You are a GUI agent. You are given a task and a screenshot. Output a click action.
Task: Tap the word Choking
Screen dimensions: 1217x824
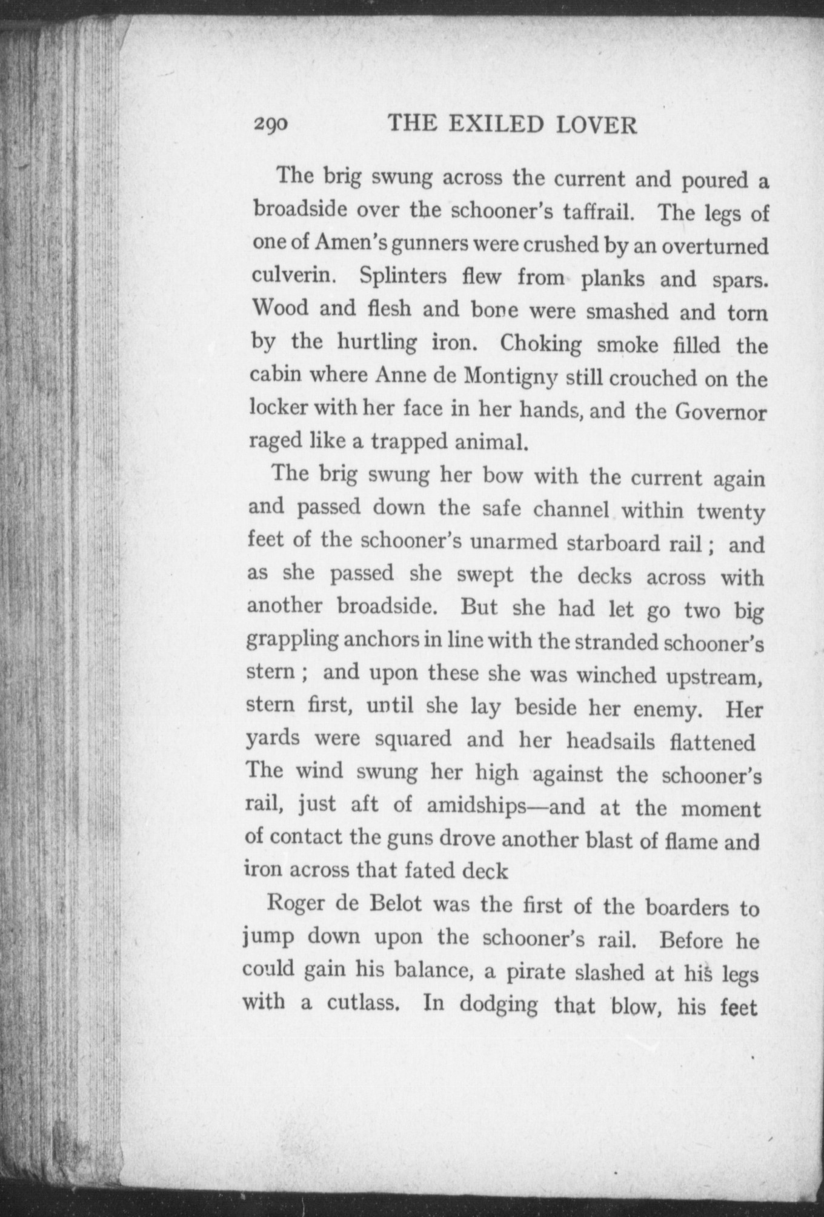pos(540,344)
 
